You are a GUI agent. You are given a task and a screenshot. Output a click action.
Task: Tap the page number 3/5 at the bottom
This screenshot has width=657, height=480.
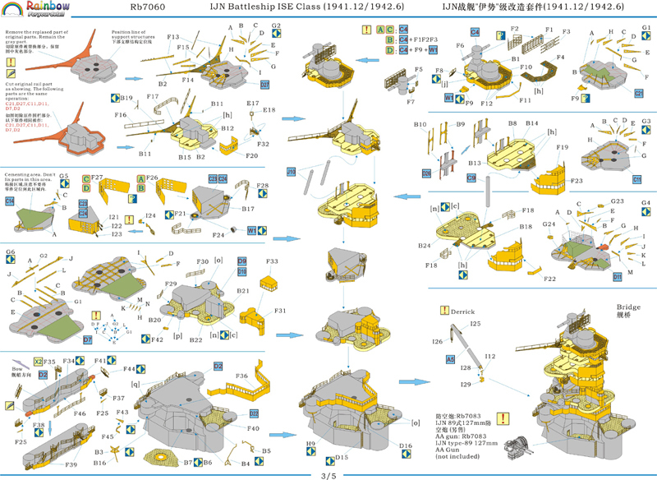click(328, 473)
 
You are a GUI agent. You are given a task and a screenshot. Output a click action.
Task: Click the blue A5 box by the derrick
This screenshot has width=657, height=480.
click(450, 359)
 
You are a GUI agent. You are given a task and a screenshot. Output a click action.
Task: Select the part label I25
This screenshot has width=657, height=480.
click(475, 324)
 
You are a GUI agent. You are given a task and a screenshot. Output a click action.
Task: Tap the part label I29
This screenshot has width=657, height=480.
click(466, 384)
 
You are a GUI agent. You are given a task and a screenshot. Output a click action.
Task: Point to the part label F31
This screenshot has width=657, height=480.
click(279, 311)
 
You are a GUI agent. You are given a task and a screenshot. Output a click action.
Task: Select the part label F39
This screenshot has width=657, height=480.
click(71, 465)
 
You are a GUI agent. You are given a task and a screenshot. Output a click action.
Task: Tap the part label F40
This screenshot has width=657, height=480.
click(253, 428)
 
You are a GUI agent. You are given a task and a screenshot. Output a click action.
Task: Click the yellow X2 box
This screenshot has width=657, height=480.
click(38, 361)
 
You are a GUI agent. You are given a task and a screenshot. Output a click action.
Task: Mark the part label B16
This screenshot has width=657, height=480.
click(99, 463)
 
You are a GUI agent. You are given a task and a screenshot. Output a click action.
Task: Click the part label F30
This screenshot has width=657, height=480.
click(201, 261)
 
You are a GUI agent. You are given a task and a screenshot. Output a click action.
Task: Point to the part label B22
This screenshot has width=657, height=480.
click(196, 339)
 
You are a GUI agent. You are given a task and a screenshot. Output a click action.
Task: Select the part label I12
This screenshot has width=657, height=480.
click(489, 355)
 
